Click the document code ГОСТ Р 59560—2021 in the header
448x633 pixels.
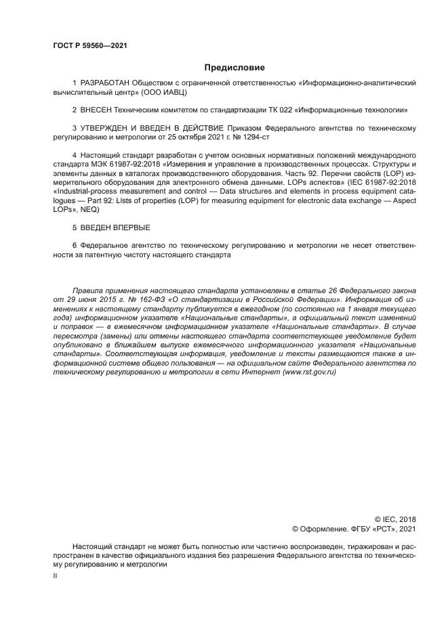90,45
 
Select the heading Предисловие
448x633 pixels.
235,68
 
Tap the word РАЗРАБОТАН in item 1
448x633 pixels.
105,83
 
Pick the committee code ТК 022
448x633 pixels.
283,108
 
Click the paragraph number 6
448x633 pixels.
74,244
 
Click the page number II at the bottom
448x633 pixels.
55,575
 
